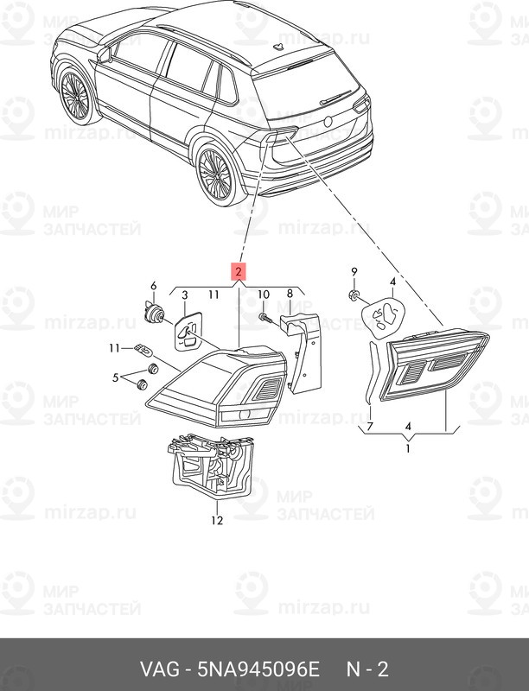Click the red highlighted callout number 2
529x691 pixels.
pos(239,272)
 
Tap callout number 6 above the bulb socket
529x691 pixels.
pos(153,286)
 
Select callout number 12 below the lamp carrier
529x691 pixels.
pos(217,521)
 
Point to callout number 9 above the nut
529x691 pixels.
pos(354,272)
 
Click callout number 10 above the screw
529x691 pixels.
pos(263,294)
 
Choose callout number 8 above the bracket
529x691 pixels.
pos(290,294)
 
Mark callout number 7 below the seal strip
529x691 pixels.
pos(370,426)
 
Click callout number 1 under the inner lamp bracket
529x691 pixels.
pos(408,449)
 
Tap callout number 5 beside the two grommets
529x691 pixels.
pos(116,377)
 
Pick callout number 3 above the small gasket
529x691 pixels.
pos(185,295)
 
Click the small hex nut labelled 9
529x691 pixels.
pos(354,295)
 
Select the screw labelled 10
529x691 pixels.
pos(264,317)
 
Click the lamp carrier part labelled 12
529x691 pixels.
pos(211,466)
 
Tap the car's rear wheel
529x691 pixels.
pos(214,174)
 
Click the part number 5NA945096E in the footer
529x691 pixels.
pos(258,669)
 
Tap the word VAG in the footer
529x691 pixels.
pos(160,669)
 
